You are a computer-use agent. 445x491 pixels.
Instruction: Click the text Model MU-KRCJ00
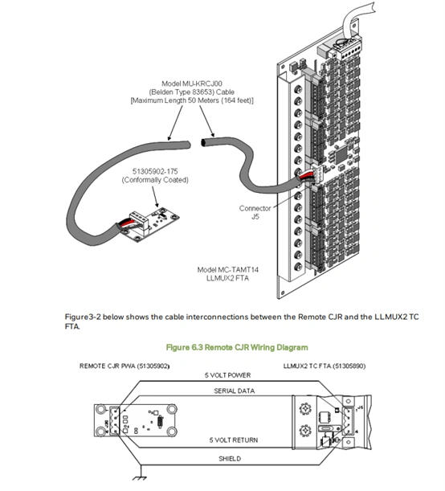pos(192,84)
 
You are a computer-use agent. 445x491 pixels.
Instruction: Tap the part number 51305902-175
pos(155,171)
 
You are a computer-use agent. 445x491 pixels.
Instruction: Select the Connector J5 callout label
pos(255,212)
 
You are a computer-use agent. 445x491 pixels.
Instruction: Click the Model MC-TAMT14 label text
pos(228,270)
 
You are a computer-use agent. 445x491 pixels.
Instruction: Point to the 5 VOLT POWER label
pos(228,375)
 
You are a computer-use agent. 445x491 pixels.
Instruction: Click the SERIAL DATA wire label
pos(235,391)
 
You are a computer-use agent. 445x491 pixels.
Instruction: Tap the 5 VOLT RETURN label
pos(234,440)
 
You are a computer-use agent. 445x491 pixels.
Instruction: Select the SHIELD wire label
pos(230,459)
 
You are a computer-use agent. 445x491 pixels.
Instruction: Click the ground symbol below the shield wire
pos(140,477)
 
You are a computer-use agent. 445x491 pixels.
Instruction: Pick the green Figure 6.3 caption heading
pos(237,347)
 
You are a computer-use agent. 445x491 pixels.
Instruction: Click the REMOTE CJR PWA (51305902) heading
pos(125,366)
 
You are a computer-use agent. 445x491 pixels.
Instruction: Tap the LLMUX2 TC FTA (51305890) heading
pos(325,366)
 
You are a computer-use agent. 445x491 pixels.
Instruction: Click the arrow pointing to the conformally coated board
pos(156,197)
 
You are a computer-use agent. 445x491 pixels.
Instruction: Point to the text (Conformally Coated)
pos(155,180)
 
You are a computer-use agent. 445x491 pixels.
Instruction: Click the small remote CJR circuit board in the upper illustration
pos(148,223)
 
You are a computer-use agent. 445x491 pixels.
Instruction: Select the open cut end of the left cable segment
pos(189,145)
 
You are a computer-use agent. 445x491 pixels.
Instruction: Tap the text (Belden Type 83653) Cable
pos(191,92)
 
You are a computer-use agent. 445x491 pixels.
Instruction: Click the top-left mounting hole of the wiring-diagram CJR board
pos(100,410)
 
